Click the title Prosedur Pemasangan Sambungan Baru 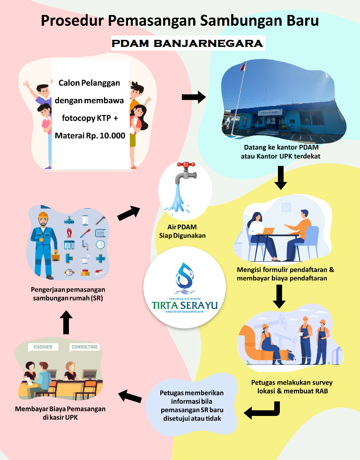(x=180, y=21)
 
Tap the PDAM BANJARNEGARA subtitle (x=187, y=44)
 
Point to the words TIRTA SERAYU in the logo (x=185, y=305)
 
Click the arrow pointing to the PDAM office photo (x=194, y=98)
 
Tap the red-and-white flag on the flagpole (x=242, y=67)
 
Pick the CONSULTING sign (x=84, y=347)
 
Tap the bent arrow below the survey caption (x=262, y=412)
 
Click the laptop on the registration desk (x=269, y=231)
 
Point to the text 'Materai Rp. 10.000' (x=90, y=136)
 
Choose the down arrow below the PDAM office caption (x=280, y=177)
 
